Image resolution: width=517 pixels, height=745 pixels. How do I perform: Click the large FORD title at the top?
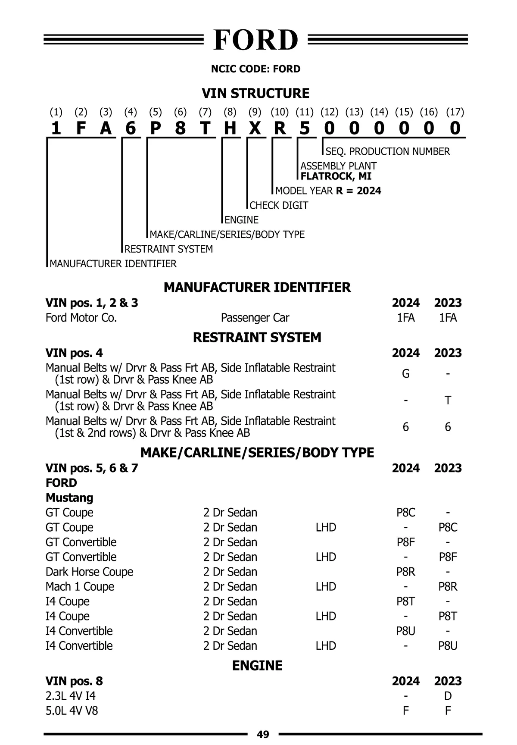[x=255, y=40]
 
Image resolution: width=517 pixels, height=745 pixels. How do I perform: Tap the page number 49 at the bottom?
[x=263, y=734]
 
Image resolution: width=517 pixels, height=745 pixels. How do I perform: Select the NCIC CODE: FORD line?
[x=255, y=69]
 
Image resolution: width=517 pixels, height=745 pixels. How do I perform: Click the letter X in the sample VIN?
[x=255, y=128]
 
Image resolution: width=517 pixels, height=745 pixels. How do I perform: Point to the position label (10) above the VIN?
[x=280, y=112]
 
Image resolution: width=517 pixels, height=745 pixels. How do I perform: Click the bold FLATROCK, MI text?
[x=336, y=176]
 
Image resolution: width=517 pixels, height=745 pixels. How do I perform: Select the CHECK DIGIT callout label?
[x=279, y=205]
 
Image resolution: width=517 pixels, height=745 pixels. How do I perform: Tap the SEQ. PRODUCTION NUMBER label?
[x=387, y=151]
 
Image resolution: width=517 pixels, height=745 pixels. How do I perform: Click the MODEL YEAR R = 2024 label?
[x=328, y=191]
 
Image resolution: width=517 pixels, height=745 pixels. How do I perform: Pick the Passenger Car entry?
[x=255, y=318]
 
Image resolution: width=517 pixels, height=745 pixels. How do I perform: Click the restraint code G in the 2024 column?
[x=405, y=373]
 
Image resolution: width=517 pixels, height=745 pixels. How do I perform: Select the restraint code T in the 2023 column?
[x=448, y=400]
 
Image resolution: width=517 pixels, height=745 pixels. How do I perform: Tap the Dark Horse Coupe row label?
[x=89, y=572]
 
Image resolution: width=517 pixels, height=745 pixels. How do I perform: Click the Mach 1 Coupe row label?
[x=80, y=586]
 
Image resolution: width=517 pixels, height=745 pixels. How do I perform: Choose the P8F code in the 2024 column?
[x=405, y=542]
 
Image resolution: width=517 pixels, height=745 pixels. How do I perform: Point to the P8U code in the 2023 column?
[x=448, y=645]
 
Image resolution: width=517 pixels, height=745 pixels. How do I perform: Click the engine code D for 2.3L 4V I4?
[x=448, y=696]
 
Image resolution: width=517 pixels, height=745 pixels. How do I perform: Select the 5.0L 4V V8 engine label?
[x=72, y=711]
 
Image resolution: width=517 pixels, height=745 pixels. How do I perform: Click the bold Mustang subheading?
[x=69, y=498]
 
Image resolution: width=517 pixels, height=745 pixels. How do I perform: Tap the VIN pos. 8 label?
[x=74, y=681]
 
